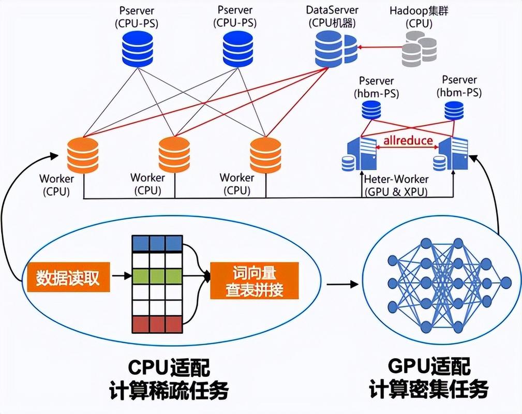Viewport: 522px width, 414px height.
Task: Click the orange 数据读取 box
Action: [67, 278]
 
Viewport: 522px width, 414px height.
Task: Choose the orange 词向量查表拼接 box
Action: [254, 280]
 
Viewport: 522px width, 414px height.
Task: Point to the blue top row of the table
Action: [157, 243]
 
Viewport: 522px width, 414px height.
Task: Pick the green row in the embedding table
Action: [157, 275]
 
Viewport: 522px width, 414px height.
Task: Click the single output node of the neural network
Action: [505, 283]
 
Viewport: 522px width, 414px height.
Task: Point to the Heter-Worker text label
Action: [396, 179]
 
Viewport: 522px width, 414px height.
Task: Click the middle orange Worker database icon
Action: [174, 154]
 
